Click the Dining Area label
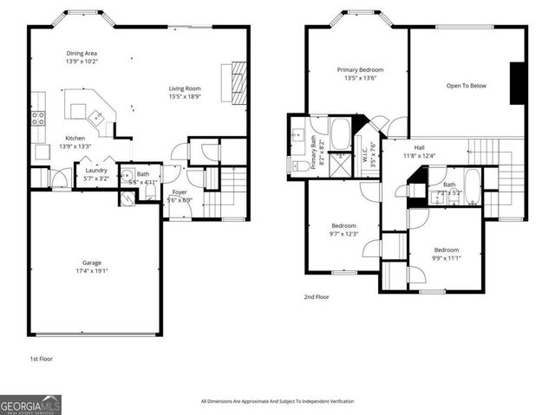pyautogui.click(x=82, y=54)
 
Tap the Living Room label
pyautogui.click(x=185, y=88)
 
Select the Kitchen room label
pyautogui.click(x=75, y=139)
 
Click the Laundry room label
pyautogui.click(x=95, y=171)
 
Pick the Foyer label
pyautogui.click(x=180, y=191)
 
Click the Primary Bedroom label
pyautogui.click(x=360, y=69)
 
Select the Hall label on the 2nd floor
pyautogui.click(x=419, y=147)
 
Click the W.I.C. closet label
pyautogui.click(x=364, y=157)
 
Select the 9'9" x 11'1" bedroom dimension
pyautogui.click(x=447, y=256)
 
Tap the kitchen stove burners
pyautogui.click(x=39, y=118)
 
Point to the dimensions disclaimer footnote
pyautogui.click(x=277, y=401)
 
